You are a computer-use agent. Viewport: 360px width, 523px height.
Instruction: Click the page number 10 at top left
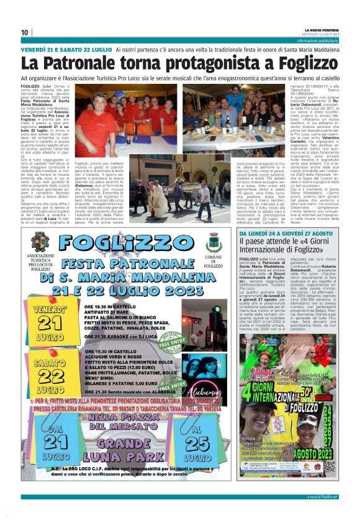[x=25, y=32]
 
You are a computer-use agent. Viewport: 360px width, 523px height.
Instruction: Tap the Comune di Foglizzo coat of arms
[x=214, y=242]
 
